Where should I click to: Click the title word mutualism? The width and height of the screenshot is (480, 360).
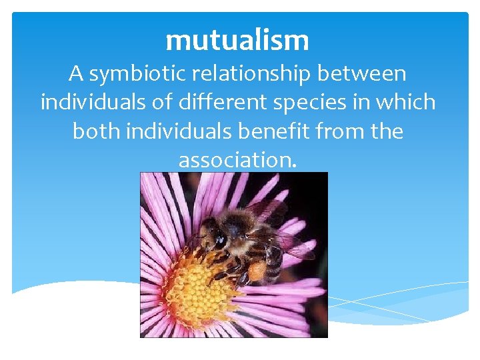point(237,41)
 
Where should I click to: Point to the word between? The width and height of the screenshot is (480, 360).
point(368,75)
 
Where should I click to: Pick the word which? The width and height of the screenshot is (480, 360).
point(409,103)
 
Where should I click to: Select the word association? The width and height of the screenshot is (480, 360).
point(237,160)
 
